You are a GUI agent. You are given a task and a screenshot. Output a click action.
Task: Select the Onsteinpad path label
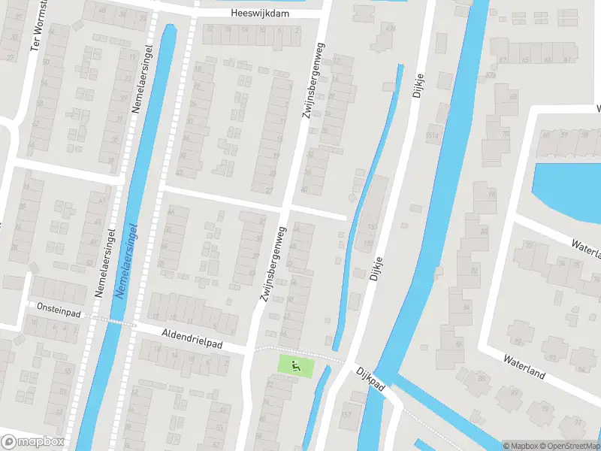coord(59,307)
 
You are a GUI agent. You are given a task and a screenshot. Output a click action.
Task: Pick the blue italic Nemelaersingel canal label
coord(127,260)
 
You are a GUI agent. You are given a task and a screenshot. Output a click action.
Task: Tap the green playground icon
coord(294,366)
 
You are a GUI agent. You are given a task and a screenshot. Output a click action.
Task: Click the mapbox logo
coord(32,442)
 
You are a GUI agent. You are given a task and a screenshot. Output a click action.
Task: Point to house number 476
coord(390,29)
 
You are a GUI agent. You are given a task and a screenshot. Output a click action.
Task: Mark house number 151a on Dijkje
coord(432,136)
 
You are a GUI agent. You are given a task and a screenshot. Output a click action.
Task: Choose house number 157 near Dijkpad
coord(346,414)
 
